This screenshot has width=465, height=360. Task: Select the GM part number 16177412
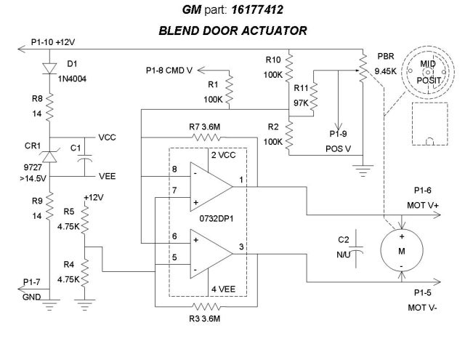pos(254,11)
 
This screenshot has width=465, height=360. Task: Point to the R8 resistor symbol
pos(49,109)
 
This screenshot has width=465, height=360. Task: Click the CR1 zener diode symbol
pos(49,155)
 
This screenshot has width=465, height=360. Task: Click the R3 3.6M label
pos(205,319)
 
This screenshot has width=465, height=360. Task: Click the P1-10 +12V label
pos(54,41)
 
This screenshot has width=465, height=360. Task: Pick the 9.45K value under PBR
pos(386,71)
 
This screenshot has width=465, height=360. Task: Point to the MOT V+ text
pos(423,205)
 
